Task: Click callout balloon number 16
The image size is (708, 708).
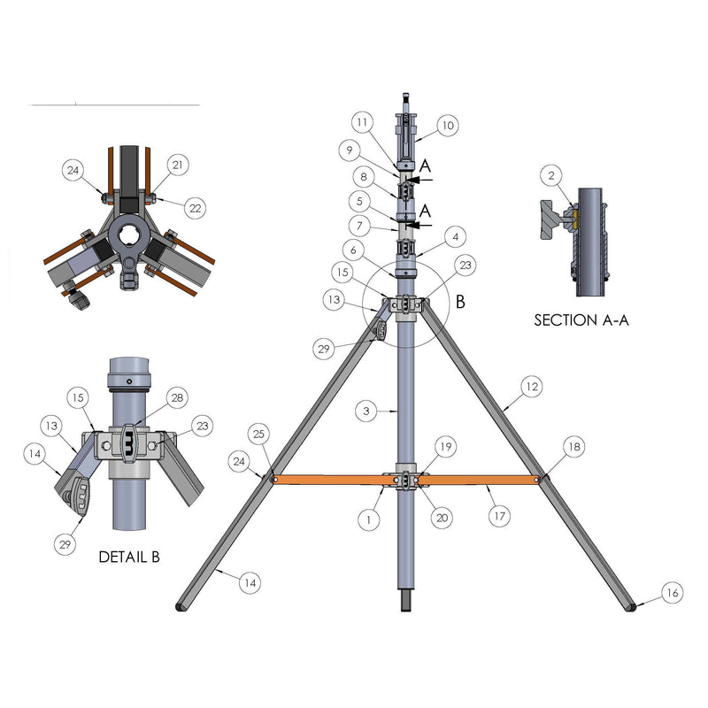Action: click(673, 592)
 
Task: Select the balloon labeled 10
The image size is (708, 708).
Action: click(448, 125)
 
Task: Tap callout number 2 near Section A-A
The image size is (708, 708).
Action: click(551, 175)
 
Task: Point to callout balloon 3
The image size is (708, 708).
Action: click(366, 411)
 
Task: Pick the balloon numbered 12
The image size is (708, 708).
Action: click(532, 387)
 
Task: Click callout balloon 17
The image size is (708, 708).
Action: click(499, 516)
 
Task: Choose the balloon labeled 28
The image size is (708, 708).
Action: click(177, 397)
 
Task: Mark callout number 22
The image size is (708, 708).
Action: click(195, 208)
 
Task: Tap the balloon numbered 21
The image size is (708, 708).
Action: click(178, 165)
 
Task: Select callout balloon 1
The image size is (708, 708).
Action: click(369, 519)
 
